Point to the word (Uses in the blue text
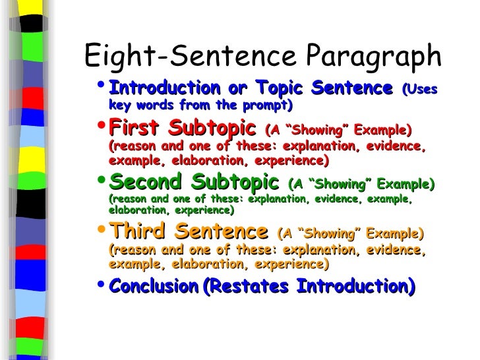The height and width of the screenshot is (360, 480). [419, 89]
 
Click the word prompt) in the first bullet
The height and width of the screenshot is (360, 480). [270, 105]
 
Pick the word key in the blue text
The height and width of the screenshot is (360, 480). [119, 105]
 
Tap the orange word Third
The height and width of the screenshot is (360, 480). [136, 231]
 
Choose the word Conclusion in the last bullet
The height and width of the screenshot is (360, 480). [154, 287]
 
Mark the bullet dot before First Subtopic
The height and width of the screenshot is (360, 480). [100, 126]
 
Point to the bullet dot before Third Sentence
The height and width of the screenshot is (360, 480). [100, 231]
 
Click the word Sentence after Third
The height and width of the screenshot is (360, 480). [224, 232]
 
